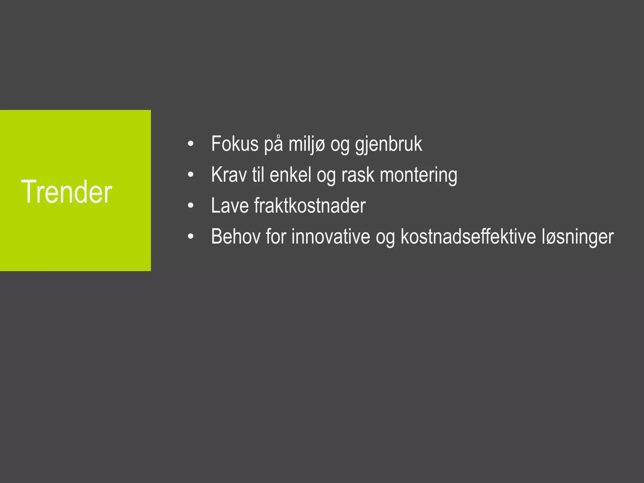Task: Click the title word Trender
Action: point(66,192)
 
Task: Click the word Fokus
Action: point(235,144)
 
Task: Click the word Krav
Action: point(229,175)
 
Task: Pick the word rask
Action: point(358,175)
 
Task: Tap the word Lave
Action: point(230,206)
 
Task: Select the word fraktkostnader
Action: point(310,206)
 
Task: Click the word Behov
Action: point(236,236)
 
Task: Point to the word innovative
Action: point(330,236)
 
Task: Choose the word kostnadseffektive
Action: point(468,236)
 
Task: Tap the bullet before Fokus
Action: point(191,144)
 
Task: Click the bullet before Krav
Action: point(191,175)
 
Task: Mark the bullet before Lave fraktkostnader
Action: point(191,206)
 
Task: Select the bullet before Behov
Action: point(191,237)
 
